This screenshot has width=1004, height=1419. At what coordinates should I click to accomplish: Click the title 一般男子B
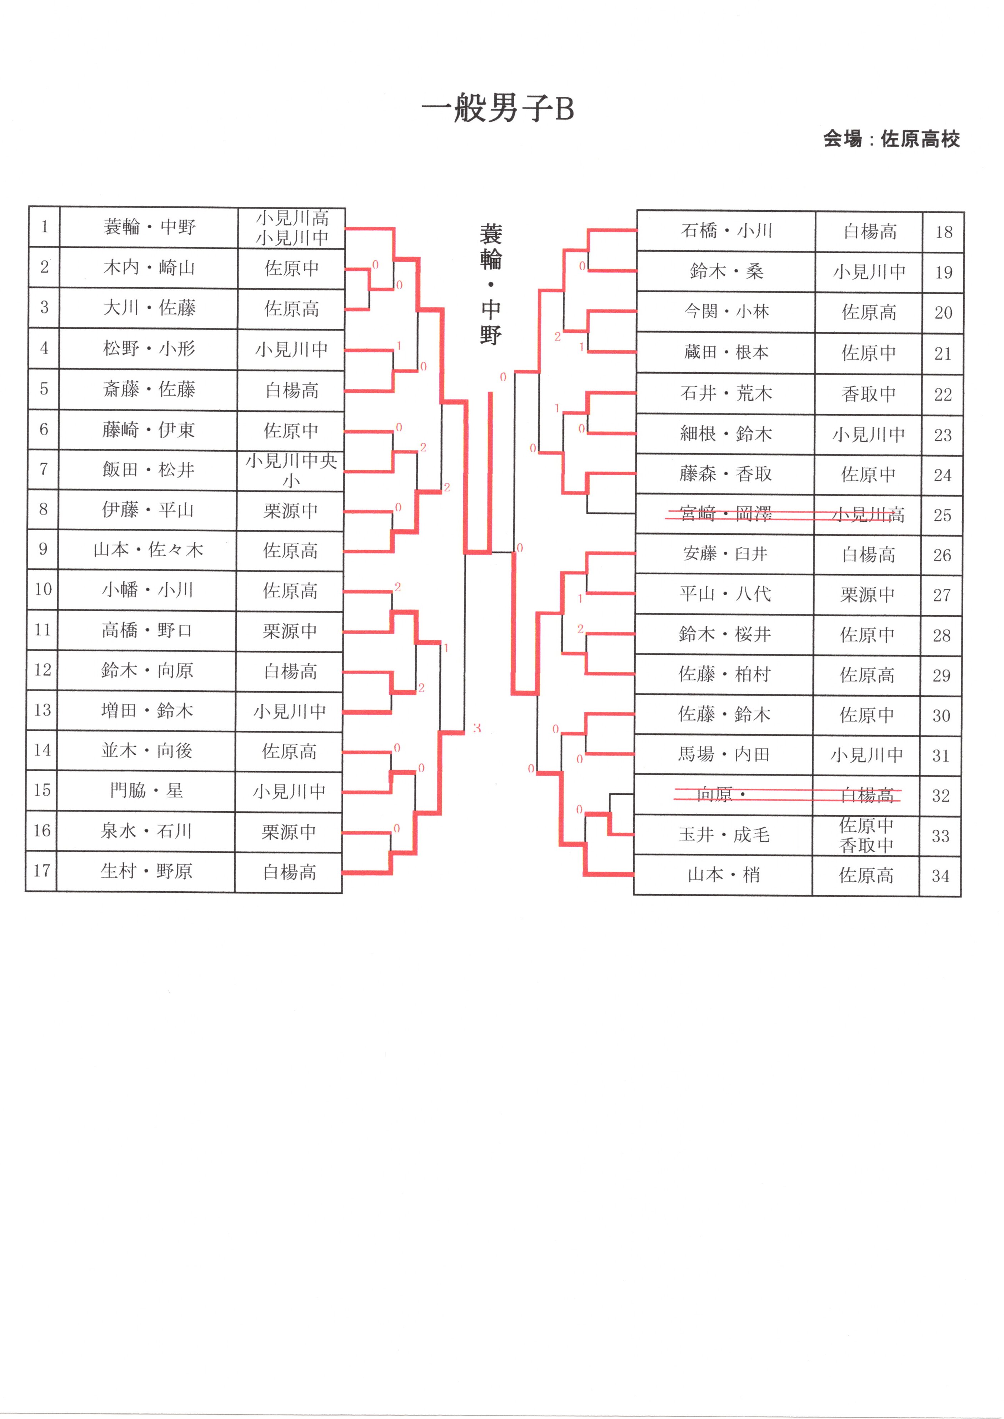pos(498,109)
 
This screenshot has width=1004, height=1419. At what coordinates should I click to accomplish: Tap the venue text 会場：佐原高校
pos(891,139)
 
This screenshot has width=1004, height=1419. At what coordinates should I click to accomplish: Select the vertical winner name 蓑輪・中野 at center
pos(490,284)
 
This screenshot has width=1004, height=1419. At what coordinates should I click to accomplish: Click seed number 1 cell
pos(45,227)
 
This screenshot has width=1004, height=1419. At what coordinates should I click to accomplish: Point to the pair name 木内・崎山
pos(149,267)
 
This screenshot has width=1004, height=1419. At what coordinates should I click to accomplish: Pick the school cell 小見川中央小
pos(291,470)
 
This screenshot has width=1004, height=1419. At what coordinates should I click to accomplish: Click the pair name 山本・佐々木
pos(148,550)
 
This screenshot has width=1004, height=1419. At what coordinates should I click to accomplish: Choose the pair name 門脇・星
pos(146,791)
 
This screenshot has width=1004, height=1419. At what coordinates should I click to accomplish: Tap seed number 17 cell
pos(41,871)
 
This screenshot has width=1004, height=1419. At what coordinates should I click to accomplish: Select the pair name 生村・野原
pos(146,871)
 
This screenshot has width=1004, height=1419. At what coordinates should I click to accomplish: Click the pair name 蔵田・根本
pos(726,352)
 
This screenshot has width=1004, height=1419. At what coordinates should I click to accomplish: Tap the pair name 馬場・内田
pos(724,754)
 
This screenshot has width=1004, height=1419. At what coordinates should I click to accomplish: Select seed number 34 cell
pos(940,876)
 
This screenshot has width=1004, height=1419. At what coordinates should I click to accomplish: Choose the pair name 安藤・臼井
pos(725,554)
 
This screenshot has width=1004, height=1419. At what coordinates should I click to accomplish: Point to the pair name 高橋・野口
pos(147,630)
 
